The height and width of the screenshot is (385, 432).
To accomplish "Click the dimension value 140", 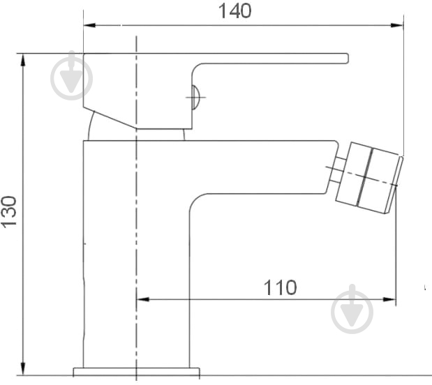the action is (234, 11).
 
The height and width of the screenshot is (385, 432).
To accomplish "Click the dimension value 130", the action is (9, 212).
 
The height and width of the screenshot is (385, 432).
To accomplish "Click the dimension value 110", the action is (280, 287).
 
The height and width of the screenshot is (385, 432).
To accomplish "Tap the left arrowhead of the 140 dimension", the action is (89, 25).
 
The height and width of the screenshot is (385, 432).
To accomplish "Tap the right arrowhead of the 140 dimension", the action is (397, 25).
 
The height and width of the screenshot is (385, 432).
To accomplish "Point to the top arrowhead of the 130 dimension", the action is (23, 60).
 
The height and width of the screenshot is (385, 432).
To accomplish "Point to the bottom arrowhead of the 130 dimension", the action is (23, 368).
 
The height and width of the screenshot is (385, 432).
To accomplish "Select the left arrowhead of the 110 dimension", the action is (142, 299).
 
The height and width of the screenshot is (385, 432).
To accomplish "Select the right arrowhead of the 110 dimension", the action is (389, 299).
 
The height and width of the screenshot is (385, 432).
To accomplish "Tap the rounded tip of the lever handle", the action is (347, 59).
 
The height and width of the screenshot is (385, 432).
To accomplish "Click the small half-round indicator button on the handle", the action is (195, 97).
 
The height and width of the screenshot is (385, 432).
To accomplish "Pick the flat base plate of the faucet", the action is (136, 372).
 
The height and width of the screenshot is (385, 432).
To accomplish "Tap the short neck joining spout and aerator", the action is (336, 169).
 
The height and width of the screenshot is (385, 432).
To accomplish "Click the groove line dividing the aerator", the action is (365, 177).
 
